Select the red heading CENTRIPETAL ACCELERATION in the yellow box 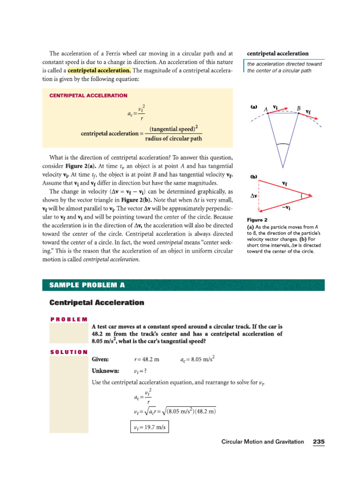tap(88, 95)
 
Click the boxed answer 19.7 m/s tap(149, 427)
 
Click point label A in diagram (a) tap(266, 109)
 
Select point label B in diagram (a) tap(298, 108)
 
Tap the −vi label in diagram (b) tap(285, 208)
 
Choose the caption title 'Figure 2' tap(257, 220)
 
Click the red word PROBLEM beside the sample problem tap(68, 319)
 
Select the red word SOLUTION tap(68, 352)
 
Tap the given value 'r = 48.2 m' tap(147, 360)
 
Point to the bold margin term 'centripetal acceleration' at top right tap(277, 53)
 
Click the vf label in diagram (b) tap(285, 183)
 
